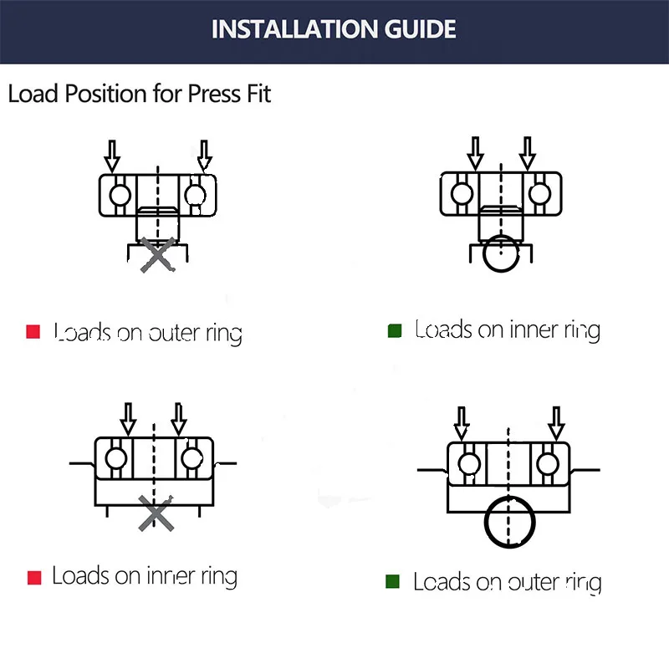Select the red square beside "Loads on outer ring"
(33, 332)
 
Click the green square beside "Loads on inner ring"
(395, 331)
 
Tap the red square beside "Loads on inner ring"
(34, 577)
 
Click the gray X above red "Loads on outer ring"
(157, 254)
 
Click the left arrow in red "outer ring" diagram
(113, 155)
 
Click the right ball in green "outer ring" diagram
(549, 462)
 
